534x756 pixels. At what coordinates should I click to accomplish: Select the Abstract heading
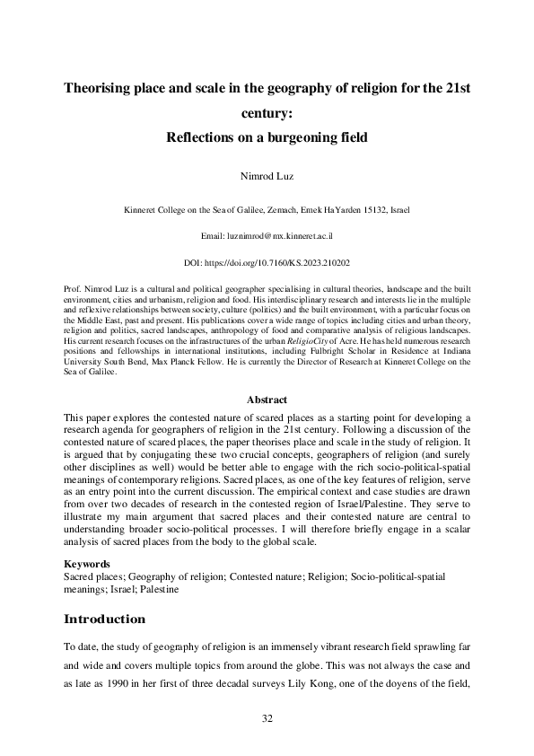pyautogui.click(x=267, y=400)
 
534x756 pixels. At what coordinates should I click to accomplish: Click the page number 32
pyautogui.click(x=267, y=718)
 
